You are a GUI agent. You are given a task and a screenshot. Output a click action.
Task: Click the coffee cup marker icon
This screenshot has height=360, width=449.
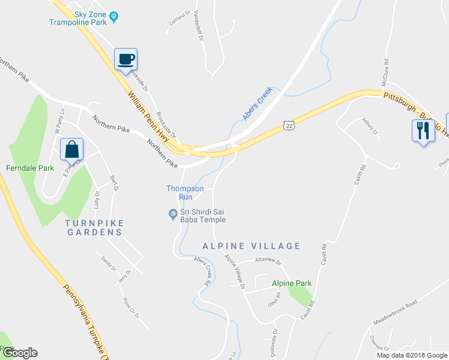pyautogui.click(x=126, y=59)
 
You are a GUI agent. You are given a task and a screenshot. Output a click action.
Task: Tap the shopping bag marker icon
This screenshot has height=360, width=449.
pyautogui.click(x=71, y=149)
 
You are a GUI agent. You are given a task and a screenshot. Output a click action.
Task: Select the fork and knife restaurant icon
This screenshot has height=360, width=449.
pyautogui.click(x=423, y=130)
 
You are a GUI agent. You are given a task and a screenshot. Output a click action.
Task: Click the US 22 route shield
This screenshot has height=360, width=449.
pyautogui.click(x=289, y=125)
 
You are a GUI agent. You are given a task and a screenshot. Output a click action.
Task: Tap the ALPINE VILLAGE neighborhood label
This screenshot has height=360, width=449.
pyautogui.click(x=251, y=246)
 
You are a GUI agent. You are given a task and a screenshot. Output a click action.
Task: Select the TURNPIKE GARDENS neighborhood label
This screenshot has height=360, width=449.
pyautogui.click(x=94, y=227)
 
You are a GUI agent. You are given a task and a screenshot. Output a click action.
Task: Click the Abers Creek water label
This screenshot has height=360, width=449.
pyautogui.click(x=258, y=103)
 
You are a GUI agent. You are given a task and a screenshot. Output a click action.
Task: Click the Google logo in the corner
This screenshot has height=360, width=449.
pyautogui.click(x=19, y=353)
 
